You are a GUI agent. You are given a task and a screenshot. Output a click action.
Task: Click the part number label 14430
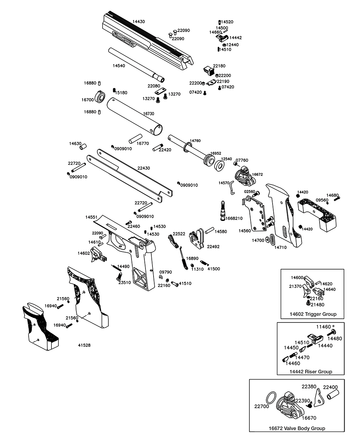[x=138, y=22]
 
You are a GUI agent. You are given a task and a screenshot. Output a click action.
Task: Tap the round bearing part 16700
[x=100, y=97]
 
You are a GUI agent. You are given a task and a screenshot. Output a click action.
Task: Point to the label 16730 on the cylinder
[x=149, y=114]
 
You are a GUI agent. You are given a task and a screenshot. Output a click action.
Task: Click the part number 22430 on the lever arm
[x=144, y=168]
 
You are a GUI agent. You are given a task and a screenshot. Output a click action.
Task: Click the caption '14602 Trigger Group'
[x=313, y=314]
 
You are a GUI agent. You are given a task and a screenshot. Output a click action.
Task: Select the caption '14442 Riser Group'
[x=310, y=371]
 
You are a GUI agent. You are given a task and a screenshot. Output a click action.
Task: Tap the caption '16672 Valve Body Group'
[x=297, y=428]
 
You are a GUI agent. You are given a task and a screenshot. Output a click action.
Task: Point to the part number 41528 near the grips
[x=84, y=345]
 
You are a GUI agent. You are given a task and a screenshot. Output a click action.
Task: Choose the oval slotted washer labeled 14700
[x=271, y=239]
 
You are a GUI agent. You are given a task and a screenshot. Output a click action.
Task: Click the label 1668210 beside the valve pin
[x=234, y=218]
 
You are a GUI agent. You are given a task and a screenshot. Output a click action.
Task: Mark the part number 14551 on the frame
[x=91, y=217]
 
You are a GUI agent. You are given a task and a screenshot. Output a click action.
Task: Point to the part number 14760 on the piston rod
[x=195, y=141]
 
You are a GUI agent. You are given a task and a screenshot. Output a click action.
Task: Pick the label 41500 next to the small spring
[x=214, y=269]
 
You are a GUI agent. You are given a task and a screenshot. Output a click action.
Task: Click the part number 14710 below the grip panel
[x=281, y=247]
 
